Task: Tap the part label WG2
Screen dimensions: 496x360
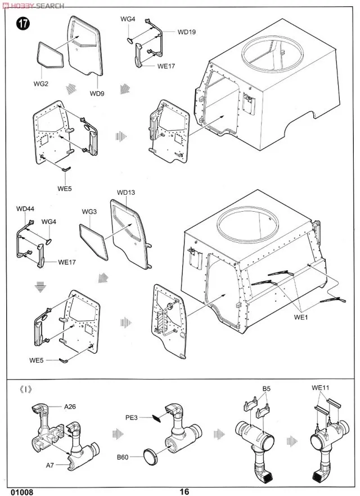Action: [41, 84]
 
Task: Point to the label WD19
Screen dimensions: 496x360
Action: [186, 32]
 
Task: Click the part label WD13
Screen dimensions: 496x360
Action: [126, 193]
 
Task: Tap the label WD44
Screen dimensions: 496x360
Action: [25, 209]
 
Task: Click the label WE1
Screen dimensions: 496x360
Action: [302, 317]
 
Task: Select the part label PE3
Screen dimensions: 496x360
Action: [132, 417]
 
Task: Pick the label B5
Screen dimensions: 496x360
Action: [266, 389]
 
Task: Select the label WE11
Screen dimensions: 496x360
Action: [320, 388]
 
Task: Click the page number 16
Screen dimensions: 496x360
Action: [184, 491]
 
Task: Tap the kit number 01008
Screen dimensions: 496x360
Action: [21, 491]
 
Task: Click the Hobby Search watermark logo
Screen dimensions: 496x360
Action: [34, 5]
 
